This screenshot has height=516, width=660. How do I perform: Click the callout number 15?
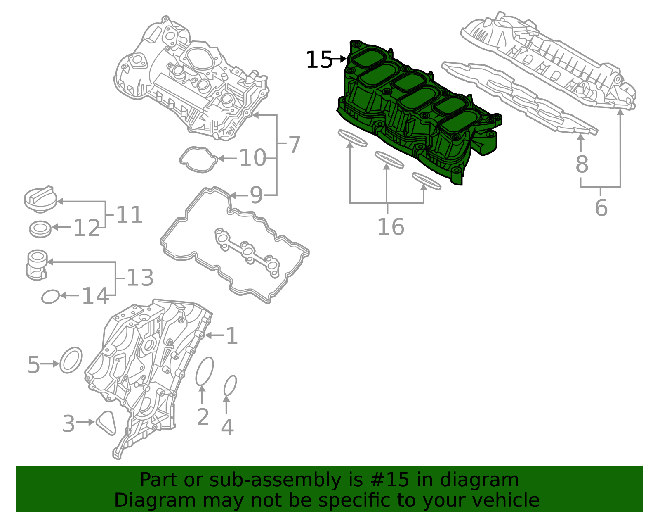coord(318,60)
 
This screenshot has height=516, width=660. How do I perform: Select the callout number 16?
coord(391,227)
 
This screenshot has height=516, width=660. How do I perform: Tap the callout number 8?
coord(582,164)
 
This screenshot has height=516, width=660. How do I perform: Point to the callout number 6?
coord(601,207)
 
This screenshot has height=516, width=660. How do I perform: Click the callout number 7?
coord(294,145)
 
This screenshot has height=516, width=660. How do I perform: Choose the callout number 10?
coord(252,158)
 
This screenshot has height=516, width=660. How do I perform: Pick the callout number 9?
coord(256,195)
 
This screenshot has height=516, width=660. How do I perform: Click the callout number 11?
coord(129,215)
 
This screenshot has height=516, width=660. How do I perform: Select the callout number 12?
coord(87,228)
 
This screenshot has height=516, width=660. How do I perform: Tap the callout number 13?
coord(140,278)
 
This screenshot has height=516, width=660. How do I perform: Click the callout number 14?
coord(95,296)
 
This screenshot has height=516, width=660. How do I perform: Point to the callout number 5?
coord(34,364)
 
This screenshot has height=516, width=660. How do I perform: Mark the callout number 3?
coord(68,423)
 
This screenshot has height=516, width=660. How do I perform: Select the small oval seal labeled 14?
coord(50,297)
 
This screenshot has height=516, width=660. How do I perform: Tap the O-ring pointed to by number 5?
coord(71,360)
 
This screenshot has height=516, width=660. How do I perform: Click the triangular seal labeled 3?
coord(106,422)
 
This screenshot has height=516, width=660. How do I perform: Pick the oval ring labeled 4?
coord(230,386)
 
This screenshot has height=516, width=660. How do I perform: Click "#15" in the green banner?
coord(390,480)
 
